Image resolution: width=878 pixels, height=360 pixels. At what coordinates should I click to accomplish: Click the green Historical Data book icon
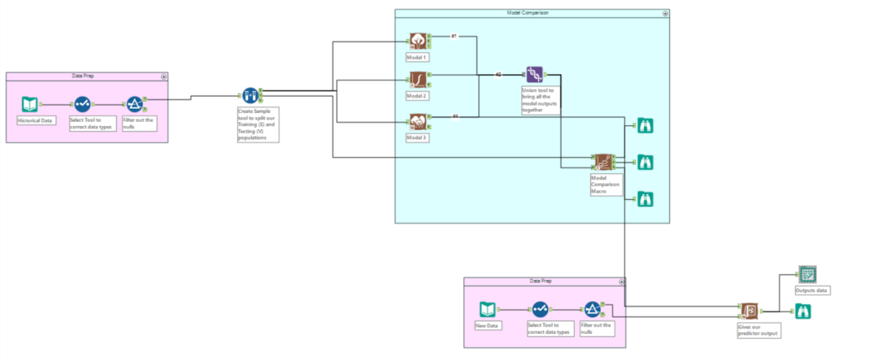coord(30,104)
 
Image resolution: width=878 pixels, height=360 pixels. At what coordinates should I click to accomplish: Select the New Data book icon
coord(487,310)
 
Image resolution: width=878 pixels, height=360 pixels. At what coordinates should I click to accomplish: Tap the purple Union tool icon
coord(534,76)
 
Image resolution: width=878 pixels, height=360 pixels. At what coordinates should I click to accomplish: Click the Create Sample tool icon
coord(250,97)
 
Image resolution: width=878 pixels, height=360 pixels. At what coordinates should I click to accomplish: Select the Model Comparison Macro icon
coord(602,162)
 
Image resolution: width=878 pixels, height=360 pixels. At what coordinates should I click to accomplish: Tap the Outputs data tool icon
coord(806,274)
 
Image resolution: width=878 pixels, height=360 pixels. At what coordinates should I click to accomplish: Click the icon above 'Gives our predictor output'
coord(748,311)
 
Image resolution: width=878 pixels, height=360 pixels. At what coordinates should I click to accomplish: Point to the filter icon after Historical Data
coord(134,104)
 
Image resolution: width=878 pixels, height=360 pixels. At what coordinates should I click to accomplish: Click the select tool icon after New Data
coord(541,310)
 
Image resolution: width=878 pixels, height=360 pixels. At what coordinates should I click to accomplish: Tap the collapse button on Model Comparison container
coord(665,14)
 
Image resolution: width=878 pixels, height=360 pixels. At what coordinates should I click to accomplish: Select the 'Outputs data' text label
coord(812,290)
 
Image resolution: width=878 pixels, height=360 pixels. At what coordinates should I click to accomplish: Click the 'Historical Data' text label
coord(34,119)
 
